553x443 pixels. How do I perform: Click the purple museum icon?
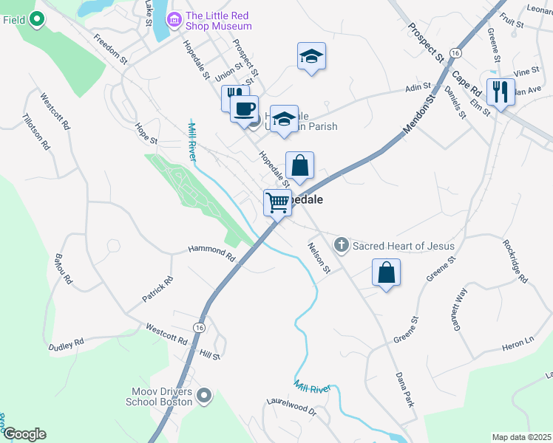pyautogui.click(x=174, y=20)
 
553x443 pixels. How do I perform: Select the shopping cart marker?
pyautogui.click(x=277, y=202)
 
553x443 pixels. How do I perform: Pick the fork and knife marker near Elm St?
pyautogui.click(x=501, y=92)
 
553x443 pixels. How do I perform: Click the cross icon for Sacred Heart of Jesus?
pyautogui.click(x=341, y=244)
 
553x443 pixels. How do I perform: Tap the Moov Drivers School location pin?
pyautogui.click(x=205, y=396)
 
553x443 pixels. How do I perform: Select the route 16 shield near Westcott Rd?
pyautogui.click(x=199, y=327)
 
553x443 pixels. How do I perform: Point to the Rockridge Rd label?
pyautogui.click(x=515, y=261)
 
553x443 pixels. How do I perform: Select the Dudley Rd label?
pyautogui.click(x=67, y=345)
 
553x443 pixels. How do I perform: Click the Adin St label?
pyautogui.click(x=418, y=88)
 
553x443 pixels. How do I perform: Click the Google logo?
pyautogui.click(x=24, y=434)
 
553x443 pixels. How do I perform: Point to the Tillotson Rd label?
pyautogui.click(x=35, y=131)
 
